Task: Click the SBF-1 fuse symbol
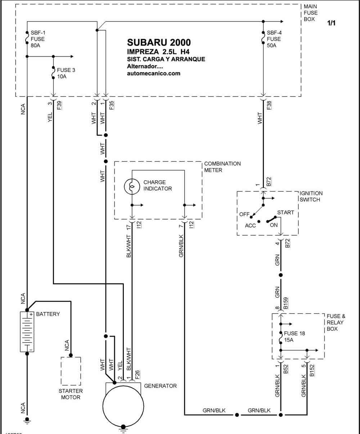27,38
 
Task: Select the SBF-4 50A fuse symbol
263,38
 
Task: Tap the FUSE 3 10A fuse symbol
53,73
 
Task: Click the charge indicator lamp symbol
132,186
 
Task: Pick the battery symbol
27,331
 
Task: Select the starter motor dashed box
71,371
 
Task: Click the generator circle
123,406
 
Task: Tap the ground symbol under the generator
123,429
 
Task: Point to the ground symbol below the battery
27,421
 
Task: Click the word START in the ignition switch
285,212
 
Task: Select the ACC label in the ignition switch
250,226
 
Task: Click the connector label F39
59,105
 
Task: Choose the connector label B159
285,303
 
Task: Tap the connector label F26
137,375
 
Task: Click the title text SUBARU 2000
159,42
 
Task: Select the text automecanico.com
154,73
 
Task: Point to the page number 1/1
331,23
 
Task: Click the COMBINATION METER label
222,167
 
